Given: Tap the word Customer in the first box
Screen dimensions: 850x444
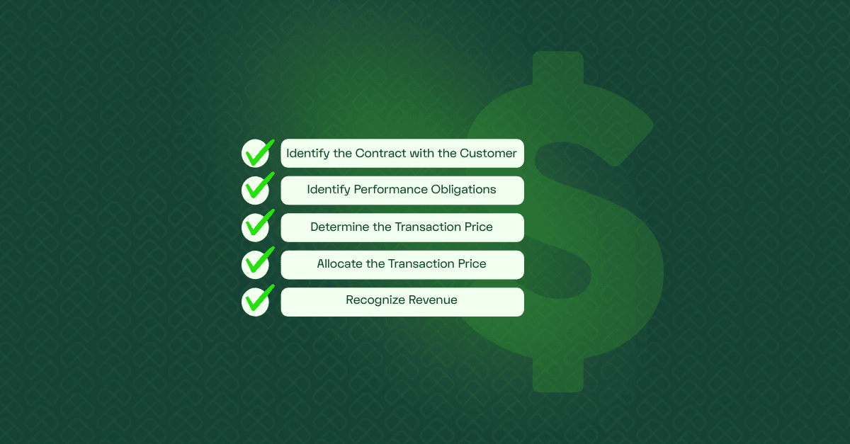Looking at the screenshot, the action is pyautogui.click(x=488, y=154).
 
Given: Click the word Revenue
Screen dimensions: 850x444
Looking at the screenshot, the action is pyautogui.click(x=433, y=300).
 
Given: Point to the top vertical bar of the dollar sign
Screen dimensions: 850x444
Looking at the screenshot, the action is pyautogui.click(x=558, y=68).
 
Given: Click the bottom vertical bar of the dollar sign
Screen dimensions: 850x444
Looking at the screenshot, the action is pyautogui.click(x=558, y=375).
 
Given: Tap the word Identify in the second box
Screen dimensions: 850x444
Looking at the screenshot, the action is pyautogui.click(x=329, y=189).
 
